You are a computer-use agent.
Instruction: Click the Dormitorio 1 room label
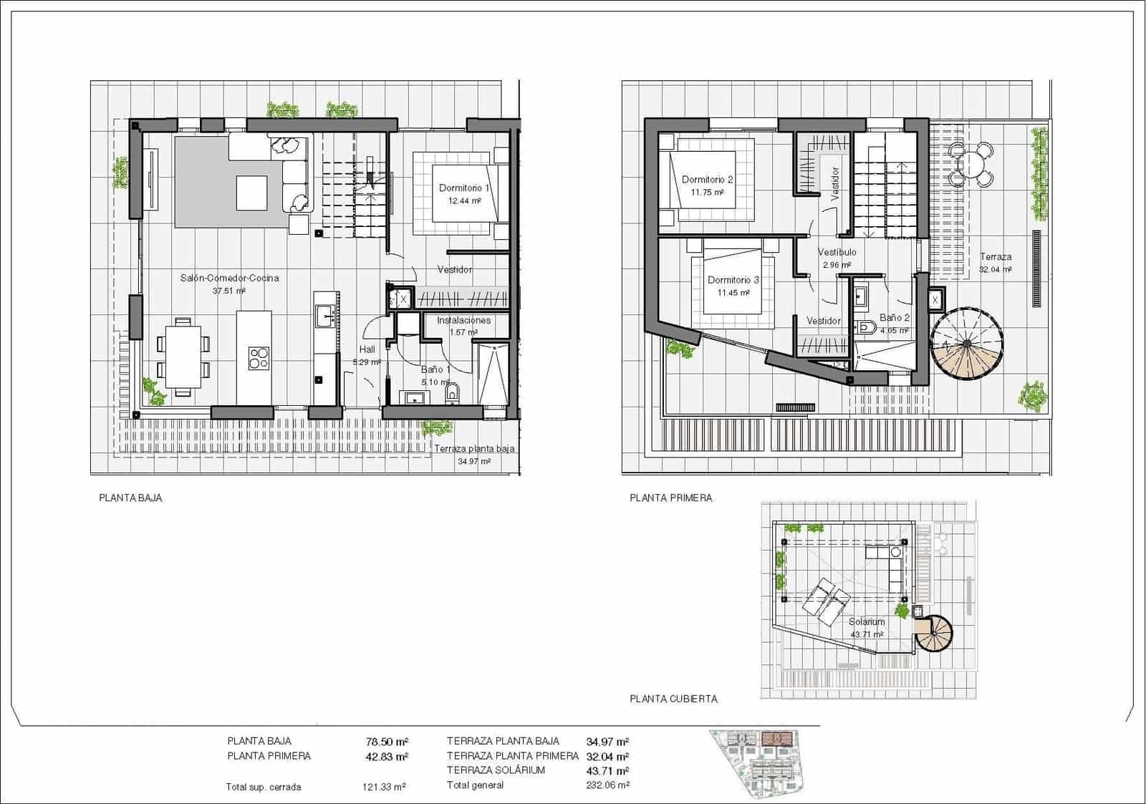pos(464,188)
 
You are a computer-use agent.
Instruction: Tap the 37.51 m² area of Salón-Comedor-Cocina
pos(229,291)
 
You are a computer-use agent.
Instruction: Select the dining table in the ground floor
pos(183,356)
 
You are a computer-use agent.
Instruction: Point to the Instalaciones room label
pos(463,320)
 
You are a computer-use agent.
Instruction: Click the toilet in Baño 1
pos(452,392)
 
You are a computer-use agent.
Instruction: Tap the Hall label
pos(367,349)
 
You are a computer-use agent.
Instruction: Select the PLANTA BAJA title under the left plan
pos(130,498)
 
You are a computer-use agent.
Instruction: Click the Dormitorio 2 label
pos(707,180)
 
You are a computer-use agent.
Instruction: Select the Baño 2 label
pos(894,317)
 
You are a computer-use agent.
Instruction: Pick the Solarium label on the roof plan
pos(867,621)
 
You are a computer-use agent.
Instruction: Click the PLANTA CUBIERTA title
pos(673,699)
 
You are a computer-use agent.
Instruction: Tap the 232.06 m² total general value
pos(607,785)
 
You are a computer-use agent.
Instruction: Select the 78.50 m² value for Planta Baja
pos(387,742)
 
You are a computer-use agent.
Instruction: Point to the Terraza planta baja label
pos(473,449)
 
